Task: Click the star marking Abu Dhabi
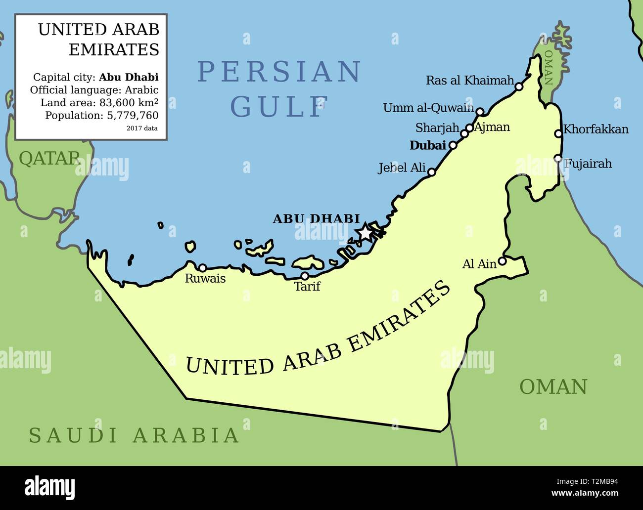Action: [365, 231]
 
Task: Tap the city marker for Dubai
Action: [453, 145]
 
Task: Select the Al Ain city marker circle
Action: [502, 261]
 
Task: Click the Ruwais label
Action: [205, 279]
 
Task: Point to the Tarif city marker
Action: [305, 276]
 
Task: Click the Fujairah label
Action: [588, 164]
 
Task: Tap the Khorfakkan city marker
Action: [558, 133]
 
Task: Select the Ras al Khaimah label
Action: [470, 81]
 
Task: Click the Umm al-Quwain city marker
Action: [479, 111]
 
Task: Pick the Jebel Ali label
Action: [402, 168]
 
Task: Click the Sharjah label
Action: [437, 128]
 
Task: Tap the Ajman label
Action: [492, 127]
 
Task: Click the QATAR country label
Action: [49, 158]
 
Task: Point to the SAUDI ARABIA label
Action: [134, 435]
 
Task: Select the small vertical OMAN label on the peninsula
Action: [548, 68]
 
